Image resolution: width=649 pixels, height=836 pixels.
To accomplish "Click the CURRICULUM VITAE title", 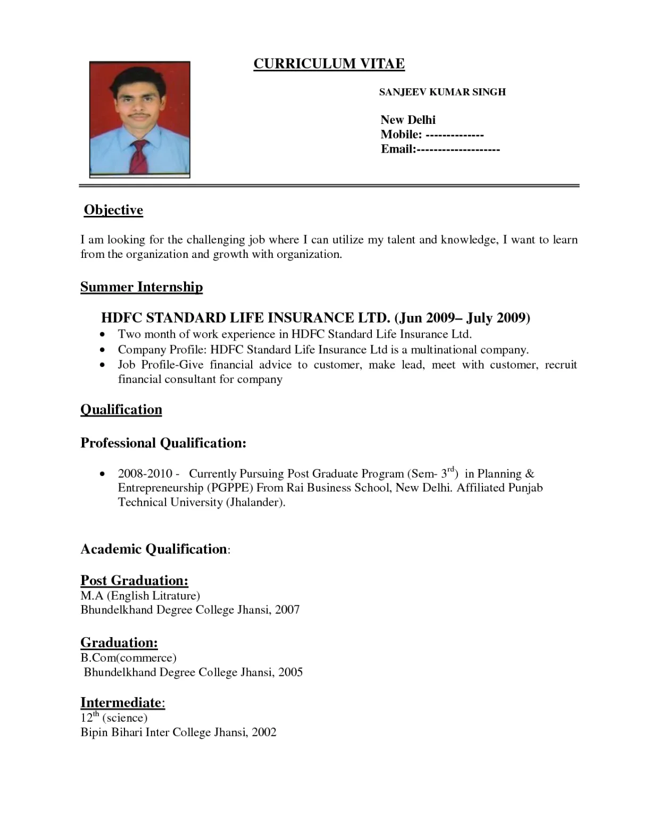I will [329, 64].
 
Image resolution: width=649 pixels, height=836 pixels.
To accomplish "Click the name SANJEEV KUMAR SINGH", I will [442, 92].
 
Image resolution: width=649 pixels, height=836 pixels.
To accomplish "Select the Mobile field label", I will [401, 135].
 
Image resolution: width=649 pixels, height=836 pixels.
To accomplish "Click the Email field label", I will [398, 149].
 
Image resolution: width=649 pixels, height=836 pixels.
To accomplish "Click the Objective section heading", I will [113, 210].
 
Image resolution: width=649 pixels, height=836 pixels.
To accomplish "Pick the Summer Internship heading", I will [142, 287].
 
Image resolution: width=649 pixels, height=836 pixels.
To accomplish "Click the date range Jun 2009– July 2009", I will [462, 318].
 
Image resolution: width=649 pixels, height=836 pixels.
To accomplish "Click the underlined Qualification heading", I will [121, 409].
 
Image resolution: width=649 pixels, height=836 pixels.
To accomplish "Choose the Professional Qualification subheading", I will [163, 443].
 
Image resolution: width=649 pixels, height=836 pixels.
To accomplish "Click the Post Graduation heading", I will [134, 580].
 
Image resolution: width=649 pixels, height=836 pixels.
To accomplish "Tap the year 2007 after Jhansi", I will [287, 610].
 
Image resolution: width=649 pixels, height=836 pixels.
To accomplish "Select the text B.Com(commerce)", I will [128, 658].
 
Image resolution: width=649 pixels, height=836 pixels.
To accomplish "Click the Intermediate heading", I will [121, 703].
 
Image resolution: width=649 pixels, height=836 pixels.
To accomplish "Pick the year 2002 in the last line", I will [264, 732].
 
